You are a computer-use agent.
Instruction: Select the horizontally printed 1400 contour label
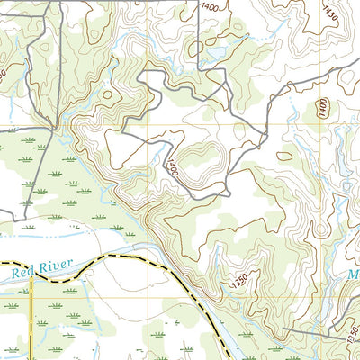point(210,7)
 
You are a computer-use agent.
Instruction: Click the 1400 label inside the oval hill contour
point(322,108)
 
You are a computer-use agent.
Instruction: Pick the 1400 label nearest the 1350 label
point(172,168)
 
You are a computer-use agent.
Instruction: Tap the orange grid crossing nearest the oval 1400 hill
point(316,124)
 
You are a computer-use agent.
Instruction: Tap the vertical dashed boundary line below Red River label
point(32,315)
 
